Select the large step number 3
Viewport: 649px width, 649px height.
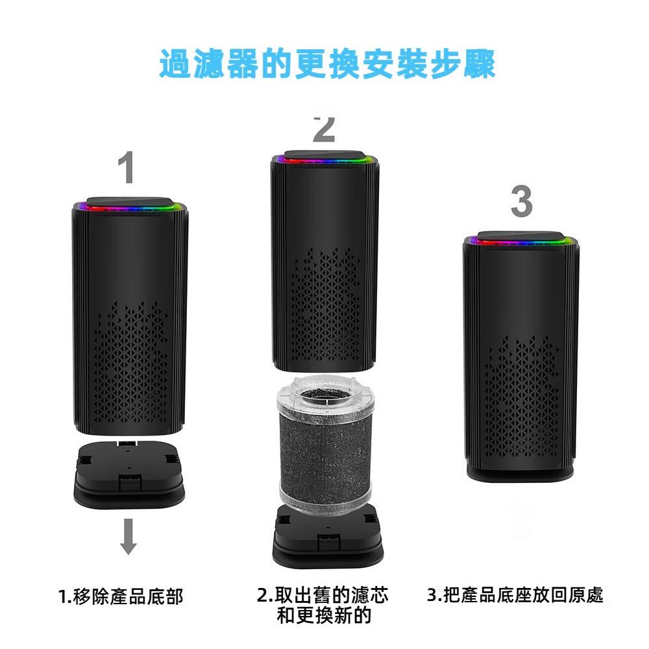[521, 202]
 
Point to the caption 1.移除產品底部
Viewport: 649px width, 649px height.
[121, 596]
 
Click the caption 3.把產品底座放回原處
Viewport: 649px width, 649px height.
[515, 594]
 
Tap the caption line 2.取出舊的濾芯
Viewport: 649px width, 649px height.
[323, 595]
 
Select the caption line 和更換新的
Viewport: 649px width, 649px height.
[323, 615]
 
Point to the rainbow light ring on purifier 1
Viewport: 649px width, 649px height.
[130, 208]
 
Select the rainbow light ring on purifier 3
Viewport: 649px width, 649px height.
[520, 241]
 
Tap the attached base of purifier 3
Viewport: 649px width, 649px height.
[520, 472]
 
